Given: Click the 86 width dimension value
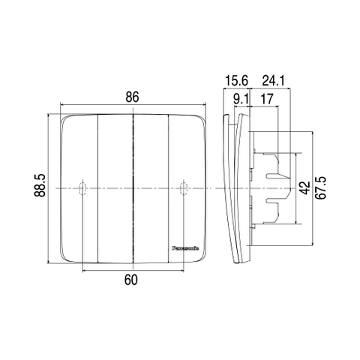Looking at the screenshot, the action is tap(132, 97).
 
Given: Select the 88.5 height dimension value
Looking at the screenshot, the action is tap(40, 185).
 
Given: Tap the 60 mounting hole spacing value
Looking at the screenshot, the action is tap(130, 280).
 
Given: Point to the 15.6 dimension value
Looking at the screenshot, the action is tap(236, 81).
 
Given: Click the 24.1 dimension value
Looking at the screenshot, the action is tap(274, 81).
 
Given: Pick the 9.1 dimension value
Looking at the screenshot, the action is tap(241, 99).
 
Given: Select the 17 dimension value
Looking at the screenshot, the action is tap(267, 99).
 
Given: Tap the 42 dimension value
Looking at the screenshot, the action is tap(305, 188).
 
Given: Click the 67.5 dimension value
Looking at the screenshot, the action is tap(321, 188).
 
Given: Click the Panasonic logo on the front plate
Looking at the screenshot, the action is tap(185, 248).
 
